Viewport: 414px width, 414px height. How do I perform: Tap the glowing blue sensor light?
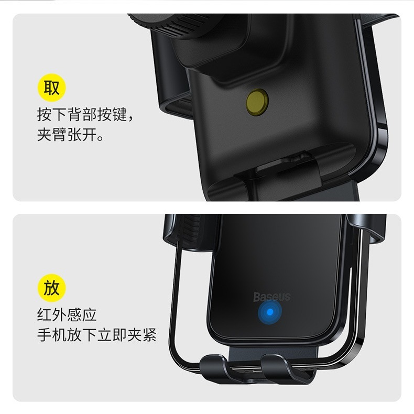click(269, 313)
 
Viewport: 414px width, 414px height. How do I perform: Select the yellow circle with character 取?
click(51, 88)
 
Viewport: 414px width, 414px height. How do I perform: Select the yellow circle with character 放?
click(51, 288)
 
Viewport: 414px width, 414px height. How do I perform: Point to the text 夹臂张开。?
click(70, 135)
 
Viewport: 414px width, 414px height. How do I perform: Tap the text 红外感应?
click(67, 315)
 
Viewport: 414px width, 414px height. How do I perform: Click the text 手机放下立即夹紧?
click(96, 335)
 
